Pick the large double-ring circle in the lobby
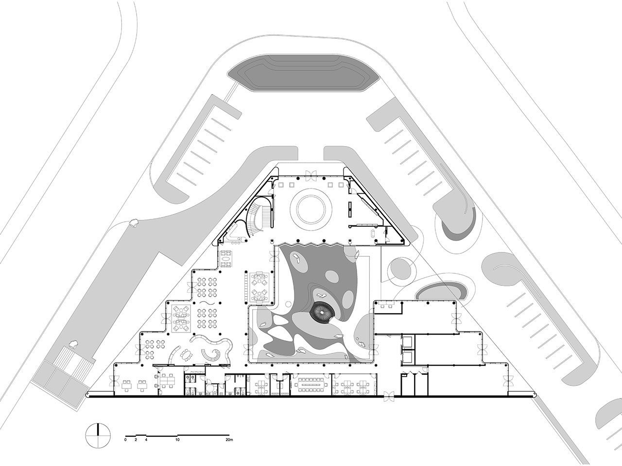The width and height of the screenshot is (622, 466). [x=311, y=210]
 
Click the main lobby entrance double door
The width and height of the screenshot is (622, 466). [x=311, y=174]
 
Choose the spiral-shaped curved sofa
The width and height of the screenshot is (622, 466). [x=211, y=354]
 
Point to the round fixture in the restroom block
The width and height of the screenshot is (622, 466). [x=210, y=386]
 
